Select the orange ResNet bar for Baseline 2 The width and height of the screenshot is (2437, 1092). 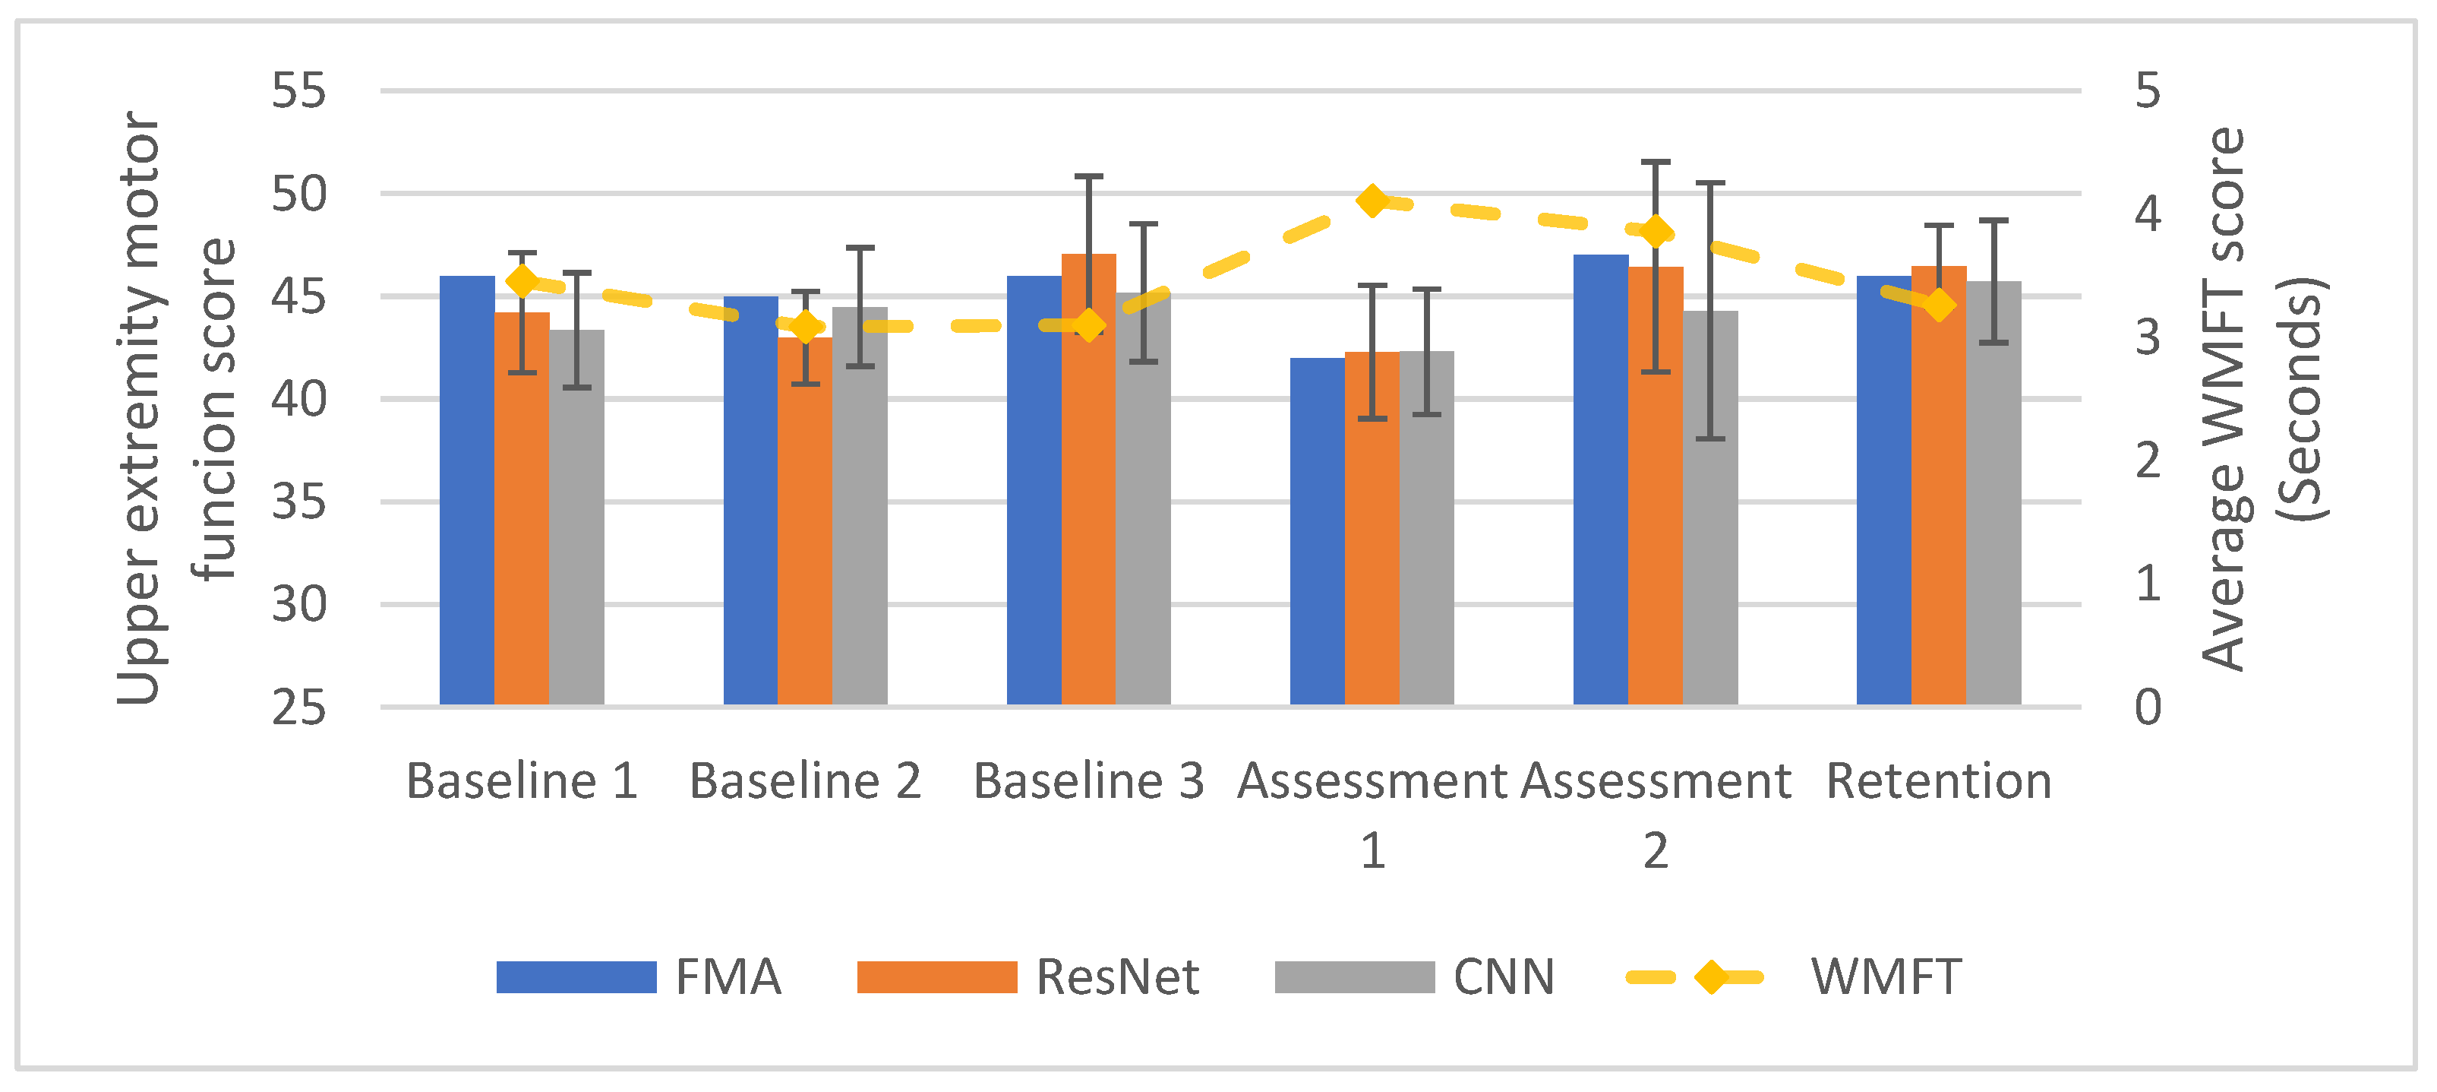[805, 521]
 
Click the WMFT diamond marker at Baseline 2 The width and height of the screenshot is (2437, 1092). [805, 328]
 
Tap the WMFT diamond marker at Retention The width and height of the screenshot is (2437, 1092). [1940, 305]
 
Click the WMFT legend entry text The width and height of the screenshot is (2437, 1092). [1886, 976]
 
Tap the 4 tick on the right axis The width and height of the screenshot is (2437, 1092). [2148, 213]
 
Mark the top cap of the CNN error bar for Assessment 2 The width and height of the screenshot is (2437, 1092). [1710, 182]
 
